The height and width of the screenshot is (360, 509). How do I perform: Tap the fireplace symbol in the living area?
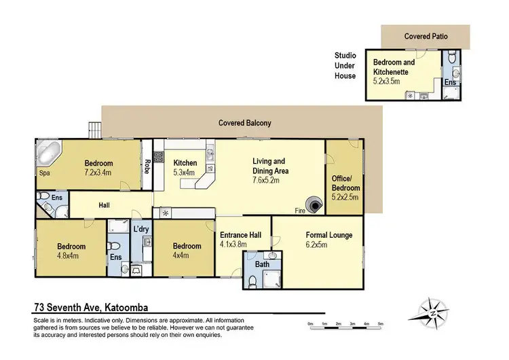click(315, 203)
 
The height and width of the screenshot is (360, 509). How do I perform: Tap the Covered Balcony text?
click(244, 123)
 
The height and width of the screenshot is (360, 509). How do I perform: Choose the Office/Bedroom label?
click(345, 183)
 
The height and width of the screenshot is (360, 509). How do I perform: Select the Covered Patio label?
click(426, 35)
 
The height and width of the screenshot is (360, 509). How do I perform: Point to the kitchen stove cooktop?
click(159, 158)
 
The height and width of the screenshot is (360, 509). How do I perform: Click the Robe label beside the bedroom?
click(147, 166)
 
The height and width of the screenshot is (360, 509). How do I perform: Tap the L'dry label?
click(141, 228)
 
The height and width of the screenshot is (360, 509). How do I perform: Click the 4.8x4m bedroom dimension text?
click(71, 256)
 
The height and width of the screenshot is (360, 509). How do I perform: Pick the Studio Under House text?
click(345, 66)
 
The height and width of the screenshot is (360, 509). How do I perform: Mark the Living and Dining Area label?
click(269, 166)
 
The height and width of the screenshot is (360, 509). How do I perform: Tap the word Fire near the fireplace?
click(299, 210)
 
